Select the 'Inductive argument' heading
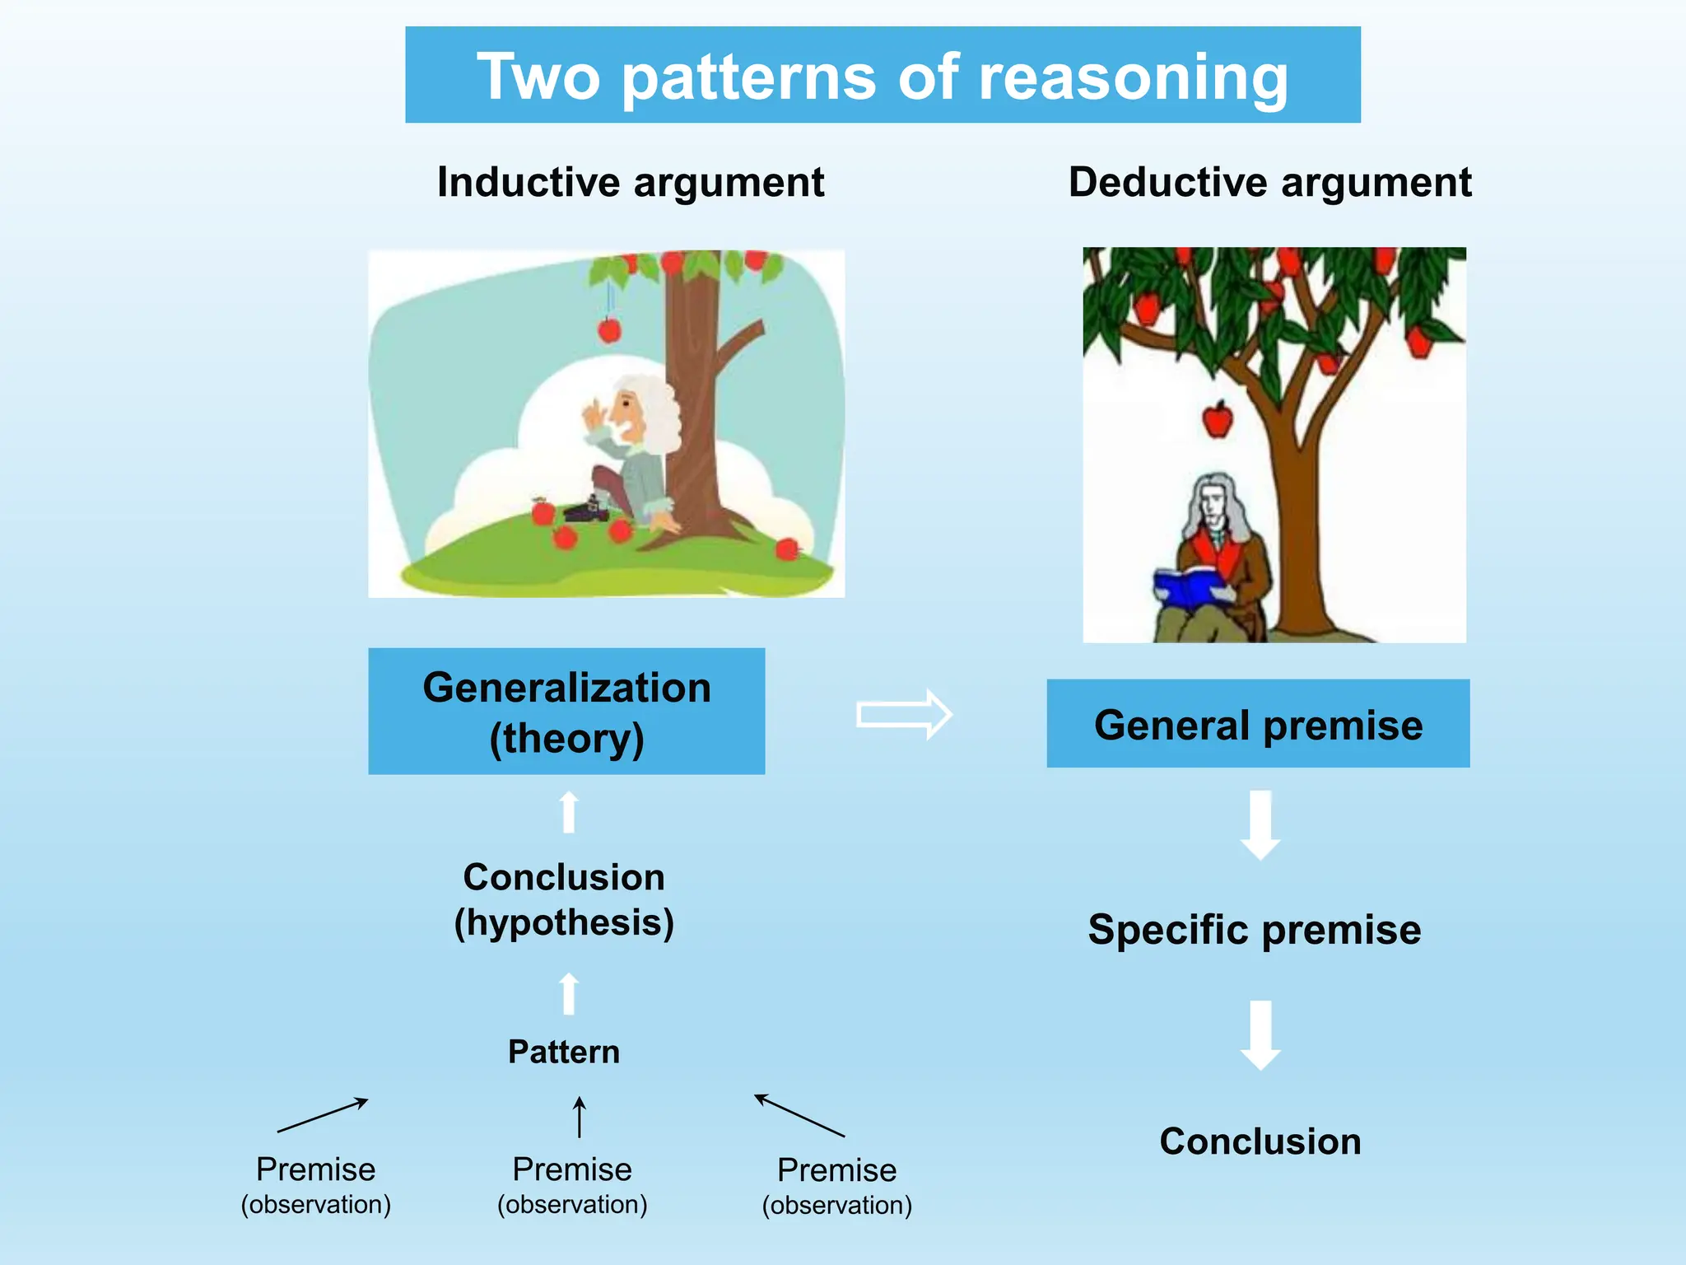[630, 182]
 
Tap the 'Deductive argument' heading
[1269, 182]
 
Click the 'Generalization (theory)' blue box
[566, 712]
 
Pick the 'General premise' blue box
[1258, 724]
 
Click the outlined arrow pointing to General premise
[904, 714]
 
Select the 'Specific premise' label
[1254, 930]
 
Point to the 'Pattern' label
[564, 1052]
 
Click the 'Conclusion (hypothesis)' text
[564, 899]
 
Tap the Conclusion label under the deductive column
[1260, 1141]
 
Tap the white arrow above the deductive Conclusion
[1260, 1035]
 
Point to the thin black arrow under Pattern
[580, 1117]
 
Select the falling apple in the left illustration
[609, 330]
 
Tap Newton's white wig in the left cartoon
[654, 408]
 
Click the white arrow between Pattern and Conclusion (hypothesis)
[569, 994]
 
